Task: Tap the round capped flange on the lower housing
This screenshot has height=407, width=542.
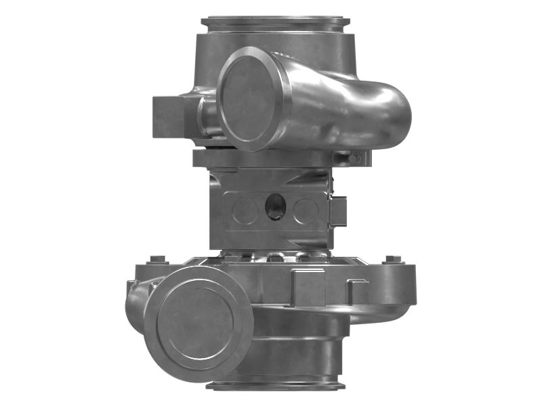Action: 198,319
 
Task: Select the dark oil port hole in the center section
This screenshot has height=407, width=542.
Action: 275,206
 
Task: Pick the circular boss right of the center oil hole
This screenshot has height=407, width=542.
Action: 306,211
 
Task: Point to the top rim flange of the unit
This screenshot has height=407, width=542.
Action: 275,22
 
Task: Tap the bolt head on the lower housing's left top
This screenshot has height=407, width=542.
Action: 157,259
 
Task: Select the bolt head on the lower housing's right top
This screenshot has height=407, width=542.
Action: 392,260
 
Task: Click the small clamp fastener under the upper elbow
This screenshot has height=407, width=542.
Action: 354,157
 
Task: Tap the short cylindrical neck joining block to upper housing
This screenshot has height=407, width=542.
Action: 207,115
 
